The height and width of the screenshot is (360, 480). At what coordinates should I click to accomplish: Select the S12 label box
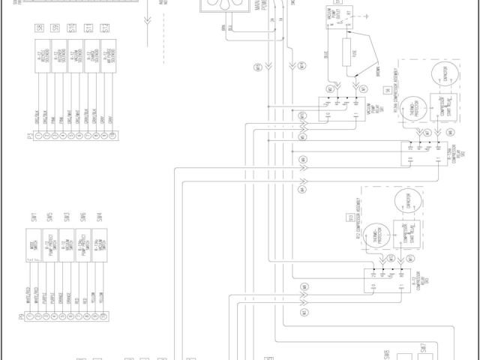click(x=105, y=28)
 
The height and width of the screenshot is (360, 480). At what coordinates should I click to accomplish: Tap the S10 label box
click(x=72, y=28)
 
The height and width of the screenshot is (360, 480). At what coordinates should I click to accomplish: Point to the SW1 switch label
click(x=34, y=217)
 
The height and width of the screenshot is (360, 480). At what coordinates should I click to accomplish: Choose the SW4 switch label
click(x=99, y=217)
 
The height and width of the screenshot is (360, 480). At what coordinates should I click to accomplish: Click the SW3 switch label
click(x=67, y=217)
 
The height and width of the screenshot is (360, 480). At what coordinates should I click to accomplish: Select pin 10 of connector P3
click(x=112, y=135)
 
